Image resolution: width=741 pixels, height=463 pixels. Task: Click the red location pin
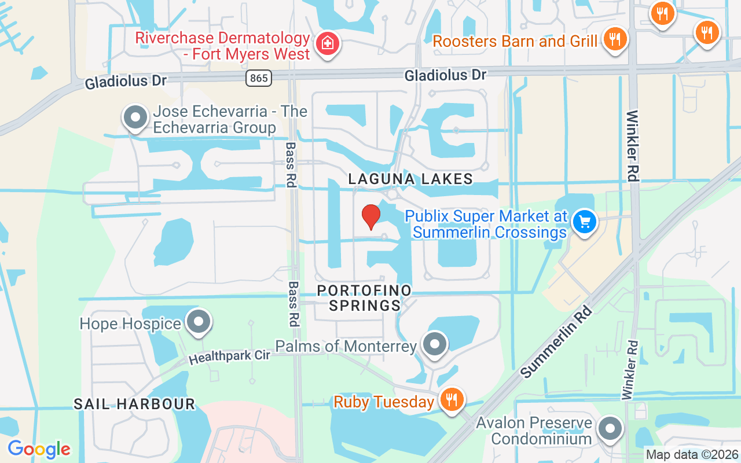coord(370,216)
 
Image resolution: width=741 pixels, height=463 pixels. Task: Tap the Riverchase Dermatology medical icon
coord(328,44)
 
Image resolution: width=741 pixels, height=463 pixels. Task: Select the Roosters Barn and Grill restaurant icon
coord(615,39)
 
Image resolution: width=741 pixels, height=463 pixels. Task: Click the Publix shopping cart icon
coord(584,222)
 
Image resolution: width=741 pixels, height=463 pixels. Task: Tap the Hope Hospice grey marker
coord(199,322)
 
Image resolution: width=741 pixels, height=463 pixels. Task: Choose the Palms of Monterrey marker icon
coord(434,344)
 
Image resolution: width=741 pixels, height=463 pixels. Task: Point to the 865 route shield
coord(258,78)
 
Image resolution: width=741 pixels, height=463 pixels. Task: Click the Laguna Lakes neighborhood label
coord(410,179)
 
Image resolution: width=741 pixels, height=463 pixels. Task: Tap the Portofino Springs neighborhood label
coord(365,297)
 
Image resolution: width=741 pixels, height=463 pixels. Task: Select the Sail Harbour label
coord(134,404)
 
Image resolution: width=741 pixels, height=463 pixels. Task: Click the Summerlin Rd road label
coord(557,341)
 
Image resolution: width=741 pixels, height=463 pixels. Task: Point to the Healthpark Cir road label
coord(230,357)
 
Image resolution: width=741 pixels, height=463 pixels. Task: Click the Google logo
coord(39,449)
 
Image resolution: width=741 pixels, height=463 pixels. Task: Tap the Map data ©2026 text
coord(691,454)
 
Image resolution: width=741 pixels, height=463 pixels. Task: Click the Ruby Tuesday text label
coord(384,402)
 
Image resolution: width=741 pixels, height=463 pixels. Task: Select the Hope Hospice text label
coord(130,323)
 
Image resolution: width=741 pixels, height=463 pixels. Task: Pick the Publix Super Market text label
coord(485,224)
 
